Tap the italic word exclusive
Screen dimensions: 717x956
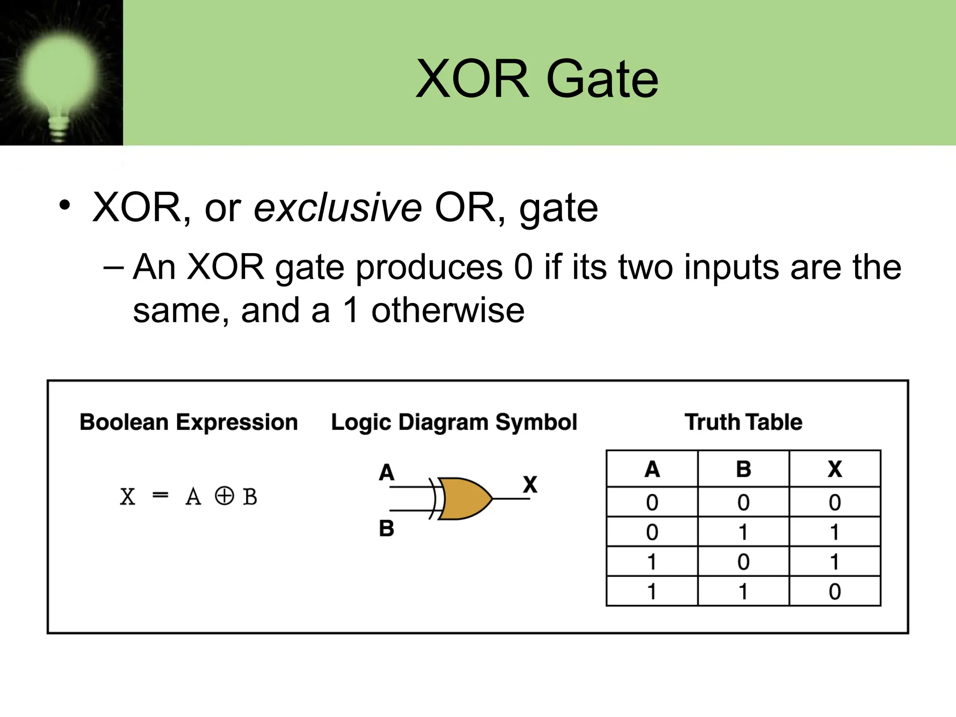pos(337,208)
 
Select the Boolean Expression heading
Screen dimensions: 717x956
pos(189,422)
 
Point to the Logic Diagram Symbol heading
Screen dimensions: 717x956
pos(454,422)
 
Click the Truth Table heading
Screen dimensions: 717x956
pos(743,422)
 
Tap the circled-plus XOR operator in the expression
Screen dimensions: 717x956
pos(224,496)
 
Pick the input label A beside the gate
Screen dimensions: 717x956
pos(387,472)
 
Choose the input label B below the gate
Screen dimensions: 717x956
pos(387,529)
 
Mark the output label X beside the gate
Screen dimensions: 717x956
pos(530,485)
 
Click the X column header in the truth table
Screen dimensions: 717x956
pos(835,469)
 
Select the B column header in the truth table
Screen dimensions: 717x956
pos(744,469)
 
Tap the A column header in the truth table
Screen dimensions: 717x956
pos(652,469)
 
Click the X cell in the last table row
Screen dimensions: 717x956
pos(835,591)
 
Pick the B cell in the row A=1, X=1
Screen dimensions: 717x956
pos(744,562)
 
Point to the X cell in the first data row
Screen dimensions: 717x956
pos(835,502)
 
